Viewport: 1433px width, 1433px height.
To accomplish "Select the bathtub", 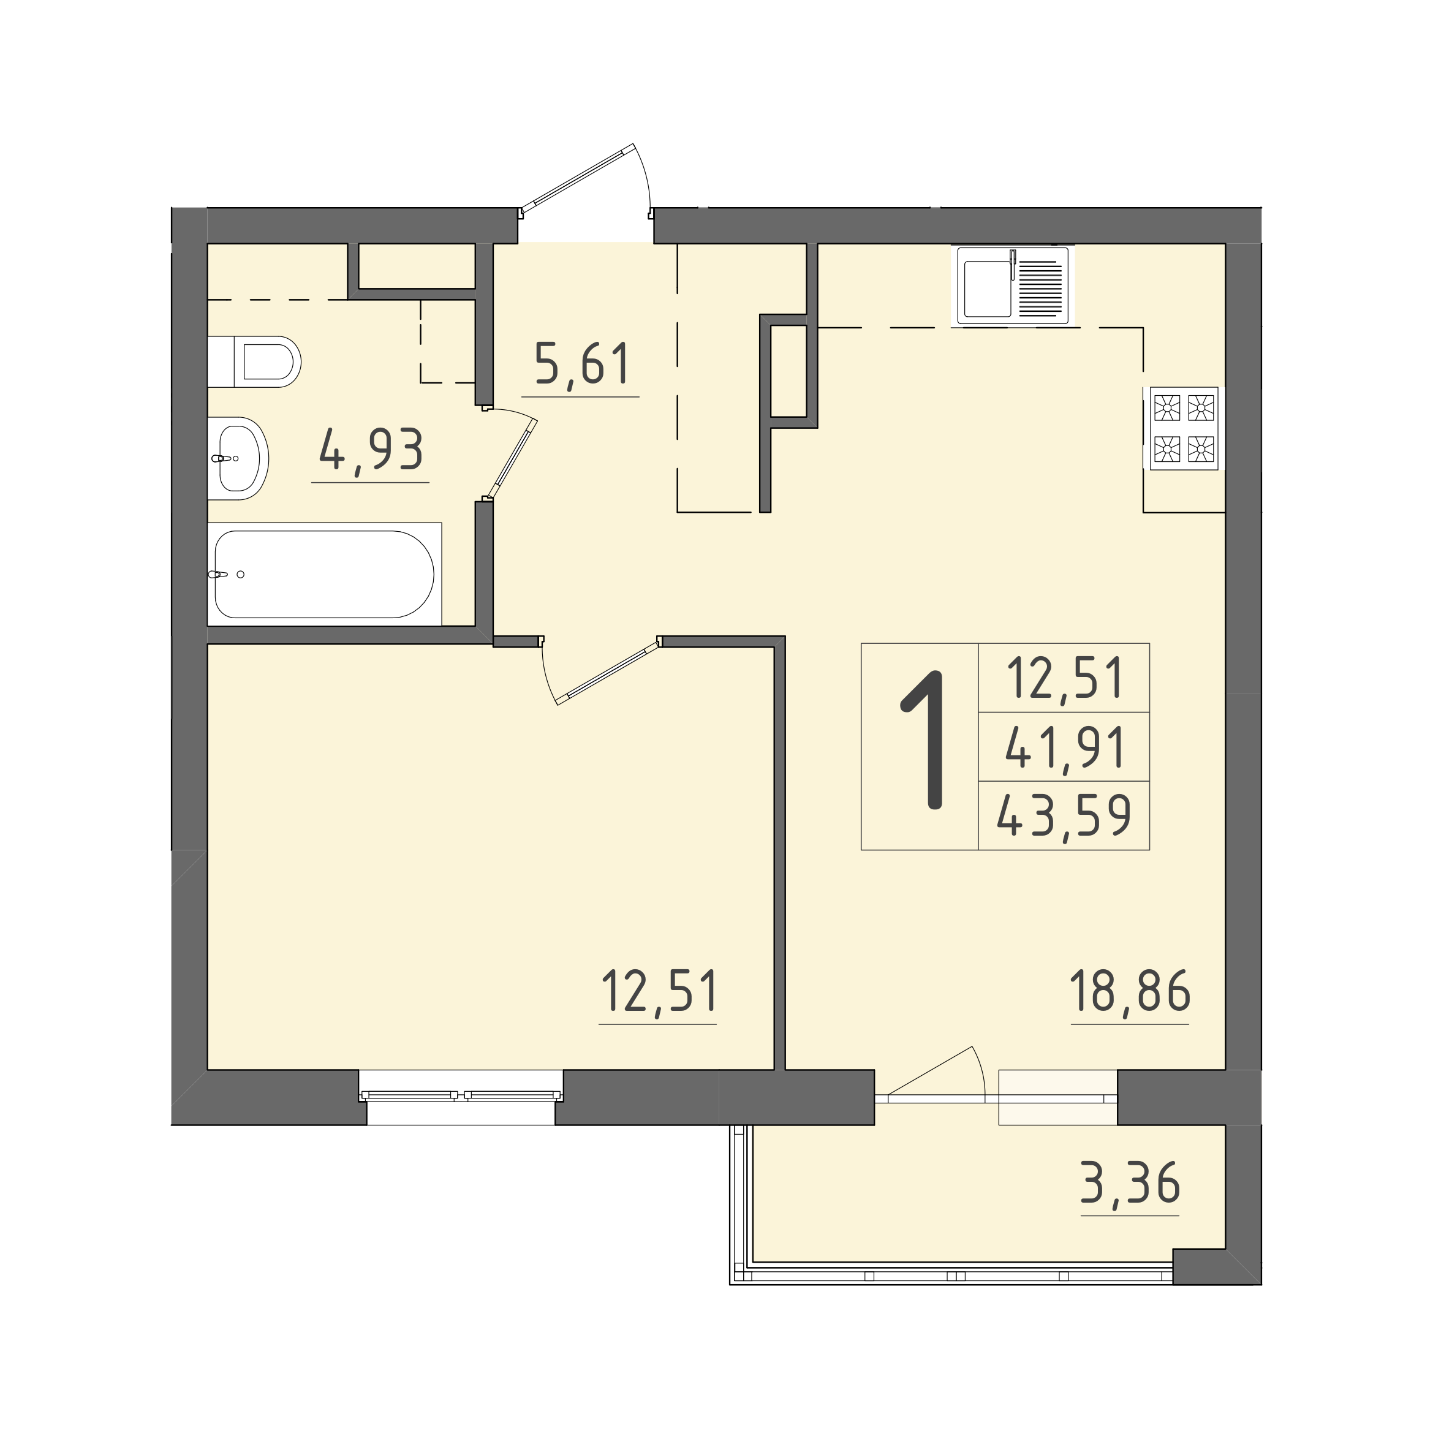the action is [x=324, y=574].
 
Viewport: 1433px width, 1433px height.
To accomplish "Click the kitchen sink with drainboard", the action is [x=1013, y=285].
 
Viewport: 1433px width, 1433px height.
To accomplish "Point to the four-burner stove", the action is [x=1184, y=428].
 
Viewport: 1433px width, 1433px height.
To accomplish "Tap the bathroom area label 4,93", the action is [x=371, y=450].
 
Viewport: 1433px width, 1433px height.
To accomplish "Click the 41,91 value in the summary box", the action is [x=1065, y=747].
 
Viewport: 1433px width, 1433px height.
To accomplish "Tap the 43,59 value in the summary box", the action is [x=1064, y=815].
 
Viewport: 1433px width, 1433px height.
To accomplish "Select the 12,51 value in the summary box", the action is [x=1065, y=678].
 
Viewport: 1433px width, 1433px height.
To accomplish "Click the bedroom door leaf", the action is [x=607, y=673].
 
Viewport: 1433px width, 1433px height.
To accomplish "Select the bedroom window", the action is [x=461, y=1094].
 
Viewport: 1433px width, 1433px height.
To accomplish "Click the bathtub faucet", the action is [x=217, y=574].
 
